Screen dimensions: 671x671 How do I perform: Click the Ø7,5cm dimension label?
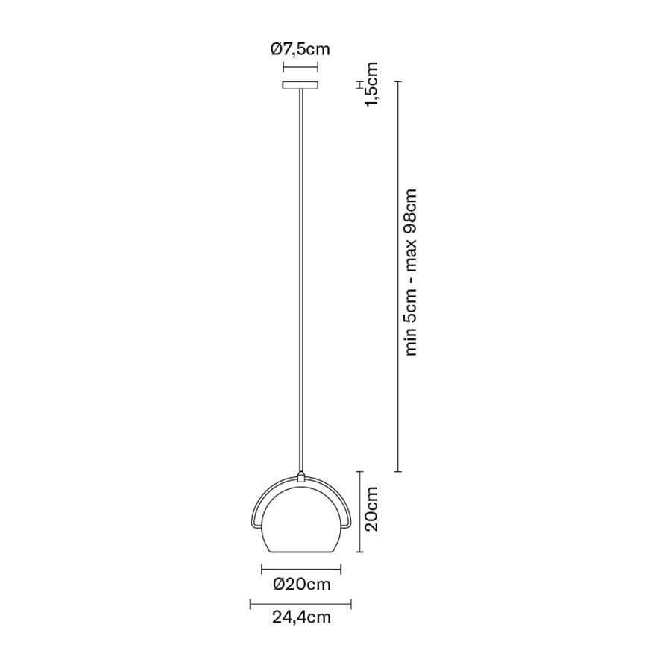[300, 49]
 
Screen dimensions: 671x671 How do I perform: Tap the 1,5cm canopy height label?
[371, 84]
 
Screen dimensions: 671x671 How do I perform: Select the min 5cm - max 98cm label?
[410, 272]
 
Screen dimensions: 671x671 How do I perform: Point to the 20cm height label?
[371, 508]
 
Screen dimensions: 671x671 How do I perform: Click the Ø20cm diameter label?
[302, 584]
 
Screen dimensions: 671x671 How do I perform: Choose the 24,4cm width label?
[301, 617]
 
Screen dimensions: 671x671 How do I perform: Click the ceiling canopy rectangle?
[300, 85]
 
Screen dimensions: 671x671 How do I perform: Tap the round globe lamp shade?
[301, 519]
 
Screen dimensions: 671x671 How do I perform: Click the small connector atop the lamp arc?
[301, 476]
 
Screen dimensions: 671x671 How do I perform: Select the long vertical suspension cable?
[301, 280]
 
